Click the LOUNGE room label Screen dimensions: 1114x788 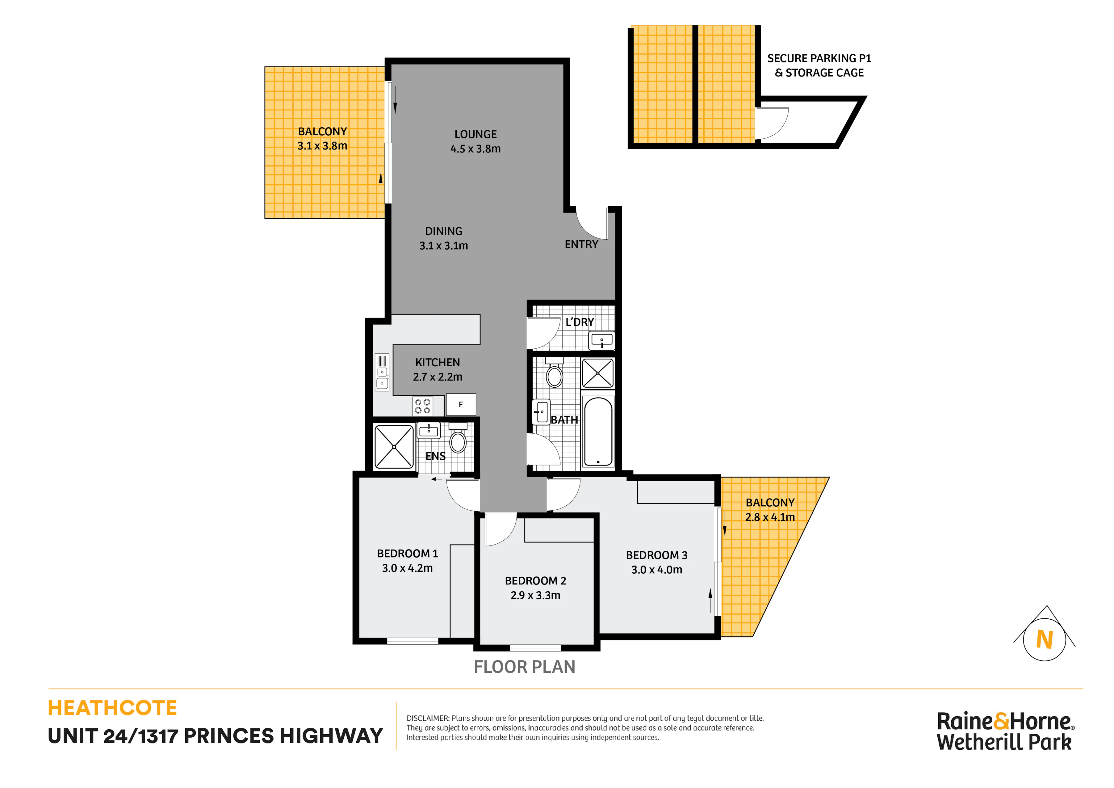click(475, 134)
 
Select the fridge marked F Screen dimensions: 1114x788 click(461, 404)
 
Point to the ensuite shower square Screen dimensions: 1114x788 click(394, 447)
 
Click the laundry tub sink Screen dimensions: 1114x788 click(602, 340)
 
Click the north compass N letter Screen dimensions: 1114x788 click(1045, 639)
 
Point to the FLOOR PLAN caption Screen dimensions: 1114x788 click(525, 667)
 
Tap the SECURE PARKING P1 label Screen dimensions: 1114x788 click(819, 58)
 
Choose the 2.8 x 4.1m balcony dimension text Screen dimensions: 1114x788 click(770, 517)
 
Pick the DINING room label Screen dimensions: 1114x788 click(443, 231)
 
